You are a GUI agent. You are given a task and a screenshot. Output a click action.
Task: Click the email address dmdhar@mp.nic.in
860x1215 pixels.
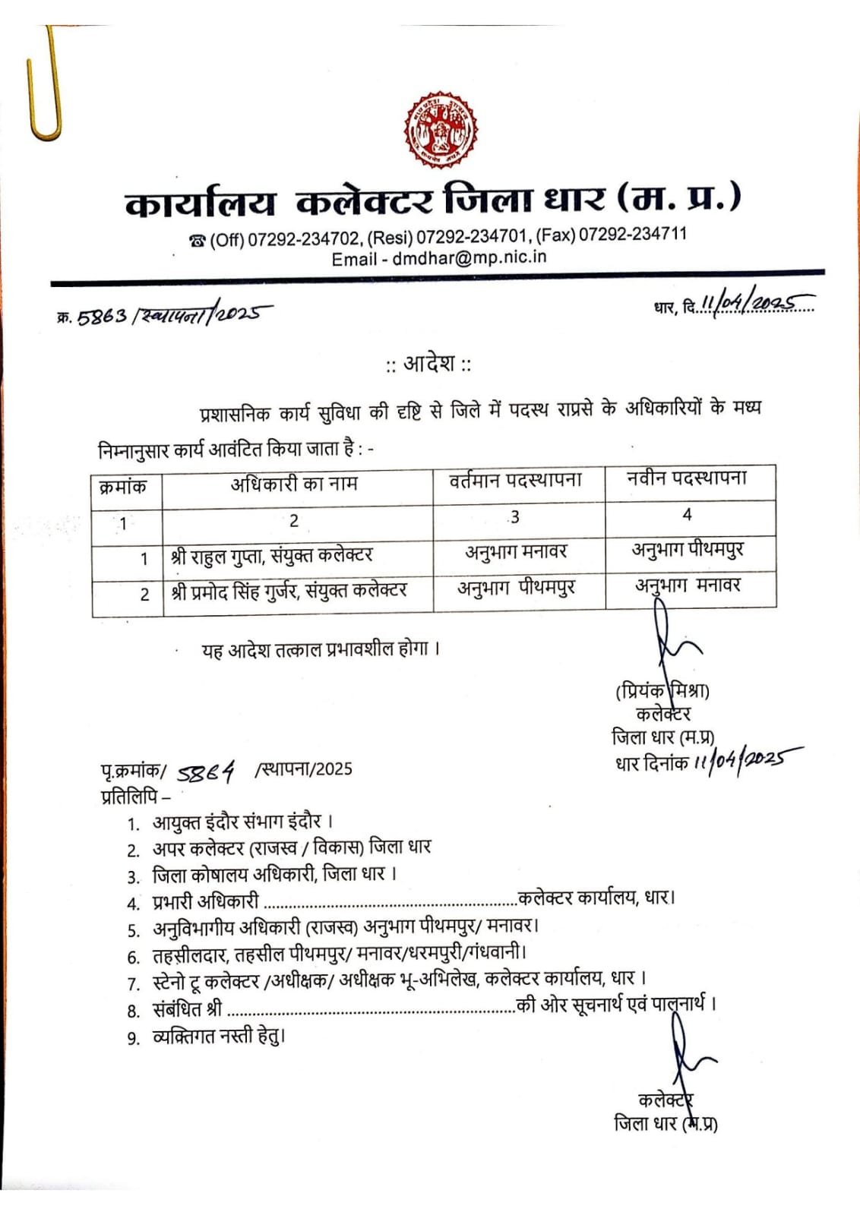coord(469,257)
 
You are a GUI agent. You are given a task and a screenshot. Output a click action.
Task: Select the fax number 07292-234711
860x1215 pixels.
coord(632,234)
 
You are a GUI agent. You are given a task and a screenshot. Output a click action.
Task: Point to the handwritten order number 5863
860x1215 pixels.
coord(102,315)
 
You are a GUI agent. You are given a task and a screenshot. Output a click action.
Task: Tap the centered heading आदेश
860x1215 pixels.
coord(428,364)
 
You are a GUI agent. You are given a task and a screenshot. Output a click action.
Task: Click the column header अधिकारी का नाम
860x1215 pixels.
coord(294,484)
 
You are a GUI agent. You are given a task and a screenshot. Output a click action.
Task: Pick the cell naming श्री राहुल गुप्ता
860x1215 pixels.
coord(271,556)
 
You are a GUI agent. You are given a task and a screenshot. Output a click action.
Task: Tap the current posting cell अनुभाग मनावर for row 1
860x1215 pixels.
coord(516,552)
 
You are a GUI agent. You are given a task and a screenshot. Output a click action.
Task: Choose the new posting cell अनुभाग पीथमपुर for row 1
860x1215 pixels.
coord(688,549)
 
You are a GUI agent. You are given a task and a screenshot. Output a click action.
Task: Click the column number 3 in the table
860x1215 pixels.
coord(515,517)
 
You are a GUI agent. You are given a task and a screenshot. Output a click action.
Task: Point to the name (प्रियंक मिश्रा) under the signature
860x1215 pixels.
coord(662,691)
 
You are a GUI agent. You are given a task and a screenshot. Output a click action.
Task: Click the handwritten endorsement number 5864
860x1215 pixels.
coord(206,772)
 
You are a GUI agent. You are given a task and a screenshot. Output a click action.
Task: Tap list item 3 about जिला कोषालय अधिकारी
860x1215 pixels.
coord(274,874)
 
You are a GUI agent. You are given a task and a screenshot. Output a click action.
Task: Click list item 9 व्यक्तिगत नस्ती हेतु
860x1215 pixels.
coord(218,1036)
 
